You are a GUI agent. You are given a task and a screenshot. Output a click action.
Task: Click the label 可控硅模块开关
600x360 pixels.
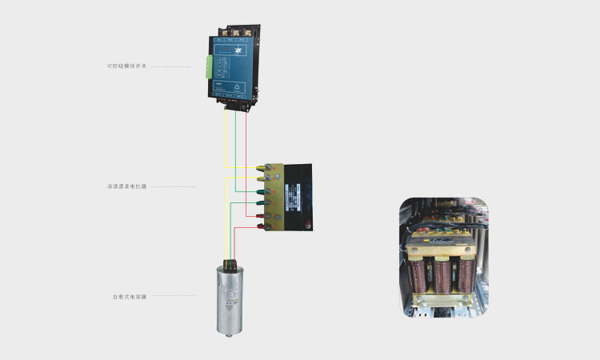pos(127,66)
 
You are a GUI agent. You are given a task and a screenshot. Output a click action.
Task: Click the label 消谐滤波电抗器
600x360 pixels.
pos(127,186)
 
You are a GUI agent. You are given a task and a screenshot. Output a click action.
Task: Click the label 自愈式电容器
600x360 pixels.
pos(130,296)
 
